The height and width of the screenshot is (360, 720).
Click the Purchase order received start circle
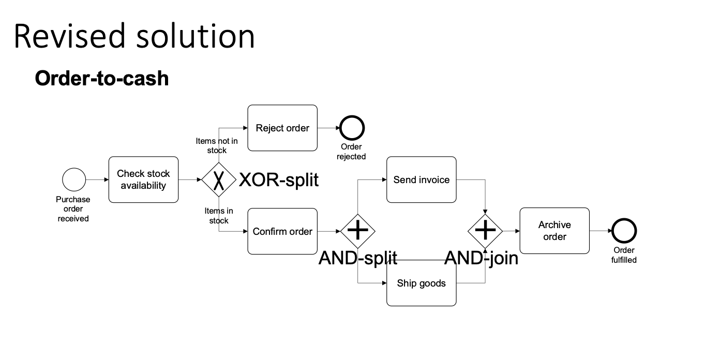[74, 179]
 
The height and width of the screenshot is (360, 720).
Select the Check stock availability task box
[143, 179]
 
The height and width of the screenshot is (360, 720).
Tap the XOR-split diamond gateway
[218, 179]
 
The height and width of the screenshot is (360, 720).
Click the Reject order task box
[282, 128]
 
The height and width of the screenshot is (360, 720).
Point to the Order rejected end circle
[352, 128]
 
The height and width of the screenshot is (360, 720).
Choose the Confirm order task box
[282, 231]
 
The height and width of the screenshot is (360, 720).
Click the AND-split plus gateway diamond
[357, 231]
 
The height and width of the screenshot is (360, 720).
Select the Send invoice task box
[422, 179]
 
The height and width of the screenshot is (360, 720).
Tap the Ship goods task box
[422, 283]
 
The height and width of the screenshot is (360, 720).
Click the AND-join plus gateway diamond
[485, 231]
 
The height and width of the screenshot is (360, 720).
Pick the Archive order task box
[554, 231]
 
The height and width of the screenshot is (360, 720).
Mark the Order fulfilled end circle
[624, 231]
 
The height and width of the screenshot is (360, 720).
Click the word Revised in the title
[67, 36]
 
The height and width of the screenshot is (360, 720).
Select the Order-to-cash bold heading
[102, 79]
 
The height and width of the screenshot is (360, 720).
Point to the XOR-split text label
[279, 180]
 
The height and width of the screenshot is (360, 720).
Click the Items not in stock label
[217, 145]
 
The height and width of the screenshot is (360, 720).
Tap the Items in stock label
[219, 215]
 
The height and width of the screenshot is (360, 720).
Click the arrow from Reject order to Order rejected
[328, 128]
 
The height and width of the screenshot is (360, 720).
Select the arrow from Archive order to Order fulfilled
[600, 231]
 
